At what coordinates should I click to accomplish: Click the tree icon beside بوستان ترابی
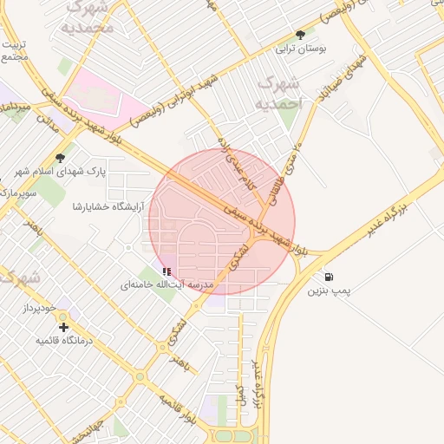(300, 36)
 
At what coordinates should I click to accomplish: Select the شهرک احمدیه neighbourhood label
(279, 94)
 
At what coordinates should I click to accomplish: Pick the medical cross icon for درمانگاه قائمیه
(64, 327)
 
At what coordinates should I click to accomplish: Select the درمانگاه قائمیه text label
(63, 340)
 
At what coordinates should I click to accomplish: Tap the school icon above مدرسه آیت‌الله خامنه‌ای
(166, 271)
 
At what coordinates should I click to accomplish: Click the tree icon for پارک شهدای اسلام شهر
(60, 158)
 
